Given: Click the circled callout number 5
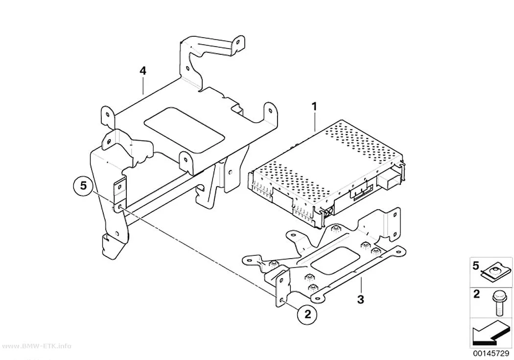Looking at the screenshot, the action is click(84, 186).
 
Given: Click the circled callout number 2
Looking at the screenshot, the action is click(307, 314).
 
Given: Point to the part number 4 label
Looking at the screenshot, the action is click(142, 71).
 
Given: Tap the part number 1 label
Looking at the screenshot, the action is click(314, 107).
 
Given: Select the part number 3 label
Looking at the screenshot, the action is click(361, 299).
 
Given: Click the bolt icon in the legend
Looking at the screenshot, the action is click(497, 305).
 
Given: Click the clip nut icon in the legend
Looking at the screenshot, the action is click(496, 272).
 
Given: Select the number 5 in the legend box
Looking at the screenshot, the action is click(476, 265).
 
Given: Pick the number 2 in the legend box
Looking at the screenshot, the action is click(476, 294).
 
